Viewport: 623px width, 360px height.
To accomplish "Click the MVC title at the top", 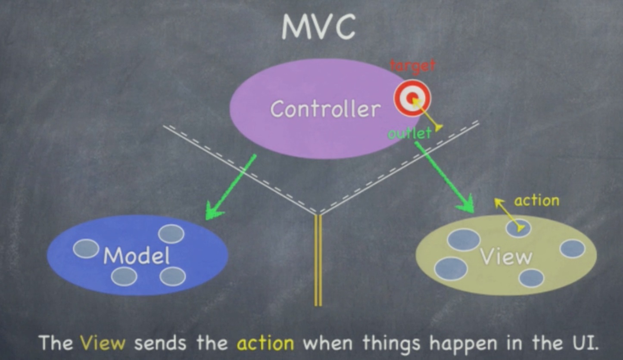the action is (x=318, y=28).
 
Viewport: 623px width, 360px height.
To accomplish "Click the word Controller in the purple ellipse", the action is (x=325, y=109).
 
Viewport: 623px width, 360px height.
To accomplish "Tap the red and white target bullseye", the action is (x=412, y=98).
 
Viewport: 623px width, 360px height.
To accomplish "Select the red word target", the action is (x=412, y=65).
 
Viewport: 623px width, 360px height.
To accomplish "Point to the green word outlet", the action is (x=409, y=133).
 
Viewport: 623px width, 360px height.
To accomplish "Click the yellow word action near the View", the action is (x=536, y=201).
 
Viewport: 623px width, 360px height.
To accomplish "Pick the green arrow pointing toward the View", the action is (x=444, y=177).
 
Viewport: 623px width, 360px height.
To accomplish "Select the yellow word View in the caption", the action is (x=103, y=343).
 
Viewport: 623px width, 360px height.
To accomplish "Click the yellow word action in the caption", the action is (x=265, y=343).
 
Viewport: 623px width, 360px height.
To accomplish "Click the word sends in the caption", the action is (x=160, y=343).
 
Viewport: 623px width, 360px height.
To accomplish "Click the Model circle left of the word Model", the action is (x=86, y=248).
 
